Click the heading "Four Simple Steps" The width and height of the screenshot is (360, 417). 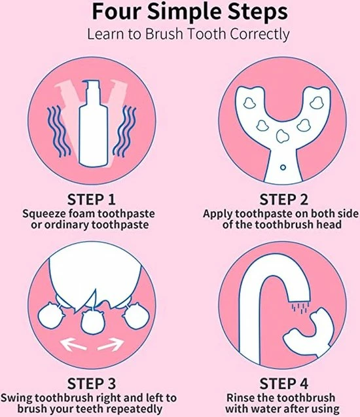click(190, 11)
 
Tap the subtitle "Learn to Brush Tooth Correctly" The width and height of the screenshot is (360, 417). click(189, 35)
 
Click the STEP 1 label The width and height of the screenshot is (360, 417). click(92, 200)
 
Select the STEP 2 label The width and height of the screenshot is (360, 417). click(283, 200)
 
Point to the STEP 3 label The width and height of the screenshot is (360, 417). click(92, 384)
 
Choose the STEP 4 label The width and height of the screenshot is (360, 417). click(283, 384)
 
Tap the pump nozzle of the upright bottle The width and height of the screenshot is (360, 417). click(90, 86)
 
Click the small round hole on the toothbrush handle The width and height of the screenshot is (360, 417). click(283, 168)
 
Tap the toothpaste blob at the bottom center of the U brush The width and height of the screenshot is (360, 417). click(282, 136)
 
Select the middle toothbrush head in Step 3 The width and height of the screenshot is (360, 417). click(92, 323)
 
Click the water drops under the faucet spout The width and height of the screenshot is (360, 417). click(300, 307)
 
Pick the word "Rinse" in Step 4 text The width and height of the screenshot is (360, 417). click(241, 398)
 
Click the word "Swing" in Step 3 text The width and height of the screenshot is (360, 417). click(16, 399)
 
